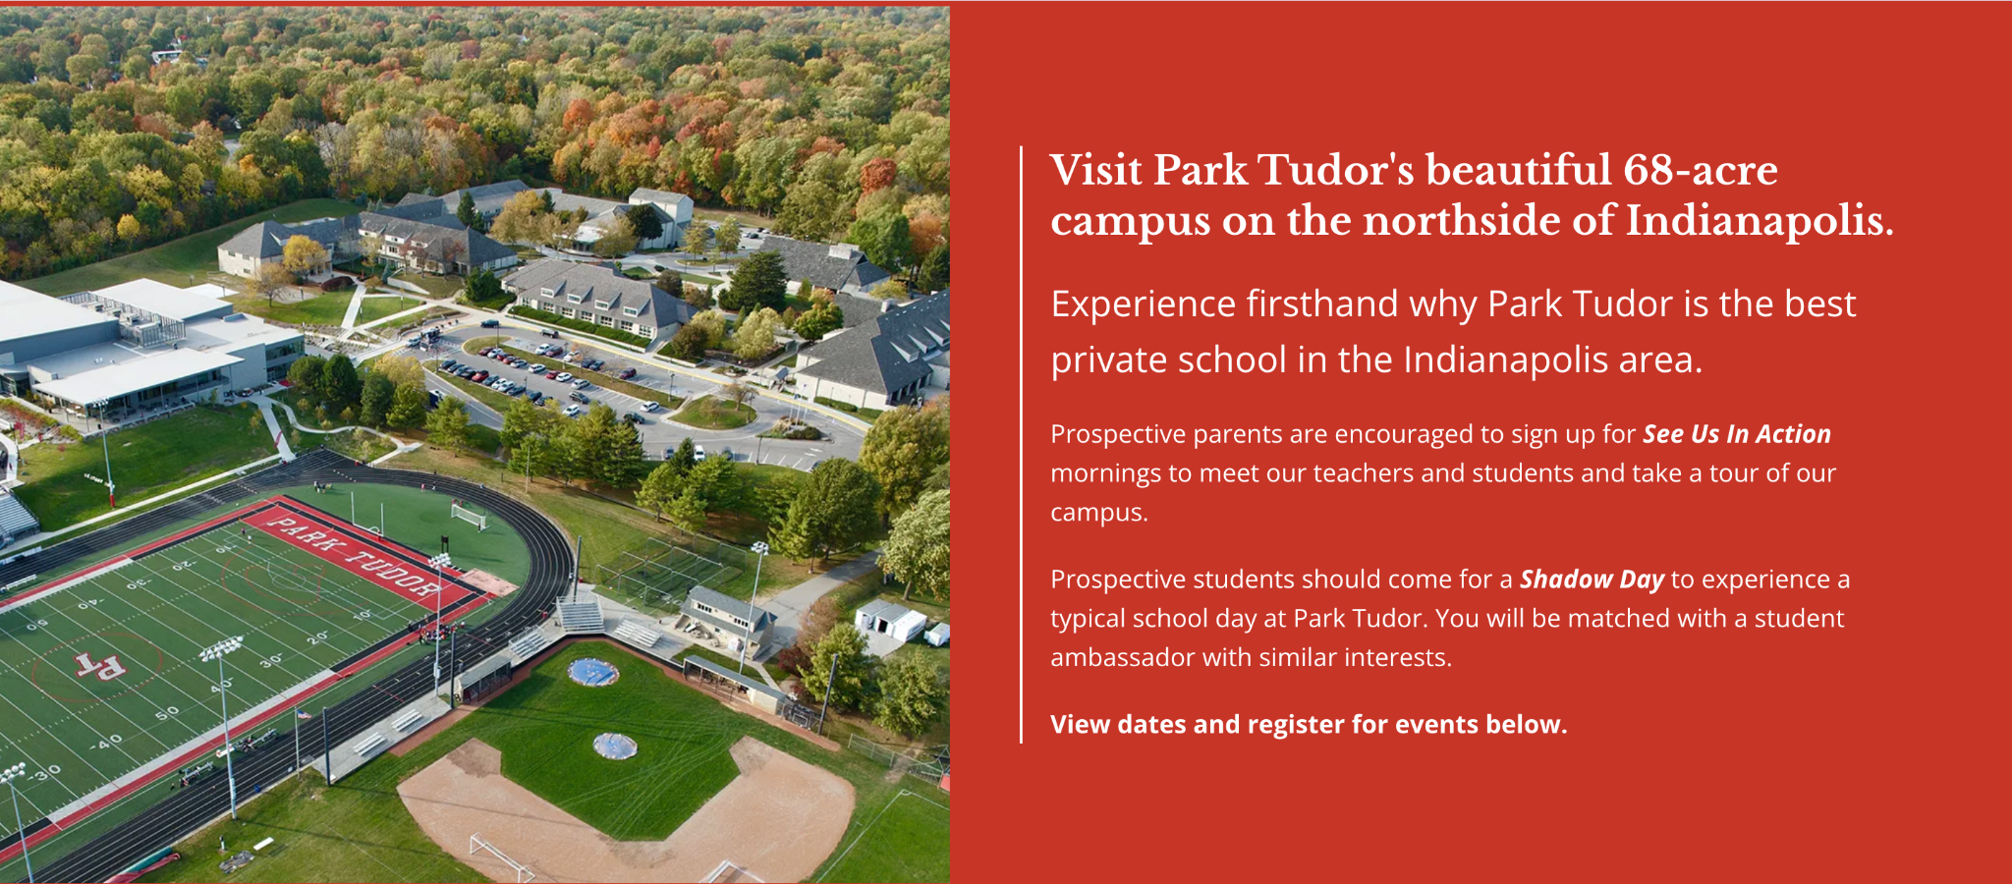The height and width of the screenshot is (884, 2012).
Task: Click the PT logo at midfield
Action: point(101,666)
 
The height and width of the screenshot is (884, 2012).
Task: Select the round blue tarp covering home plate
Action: point(593,672)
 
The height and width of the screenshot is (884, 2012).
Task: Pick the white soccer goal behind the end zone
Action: point(469,514)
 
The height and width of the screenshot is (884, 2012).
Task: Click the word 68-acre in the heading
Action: point(1700,170)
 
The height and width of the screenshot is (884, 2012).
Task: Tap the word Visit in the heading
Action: point(1095,170)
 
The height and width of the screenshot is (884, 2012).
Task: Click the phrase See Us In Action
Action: point(1737,434)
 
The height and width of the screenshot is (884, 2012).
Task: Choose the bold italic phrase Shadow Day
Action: point(1592,580)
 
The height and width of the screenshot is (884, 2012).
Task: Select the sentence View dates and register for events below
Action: point(1309,725)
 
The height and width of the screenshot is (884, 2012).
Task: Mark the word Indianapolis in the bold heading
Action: point(1759,221)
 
